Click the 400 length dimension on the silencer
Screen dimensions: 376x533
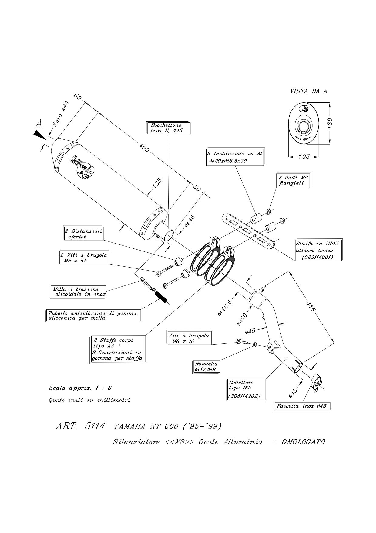pos(144,148)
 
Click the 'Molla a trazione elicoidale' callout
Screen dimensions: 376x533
pos(78,292)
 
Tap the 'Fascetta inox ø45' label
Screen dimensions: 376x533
pos(302,406)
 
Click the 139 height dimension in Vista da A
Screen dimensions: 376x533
pos(330,124)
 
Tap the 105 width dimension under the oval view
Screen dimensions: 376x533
pos(304,157)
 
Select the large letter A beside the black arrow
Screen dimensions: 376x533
pos(39,124)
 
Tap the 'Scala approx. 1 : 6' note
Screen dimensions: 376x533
pos(80,388)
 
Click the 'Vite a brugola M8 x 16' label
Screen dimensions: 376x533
pos(189,338)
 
